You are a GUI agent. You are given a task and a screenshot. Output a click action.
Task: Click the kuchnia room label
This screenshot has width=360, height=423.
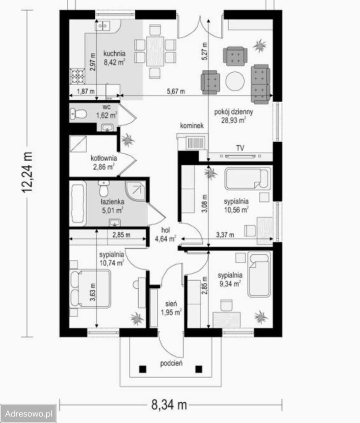point(115,53)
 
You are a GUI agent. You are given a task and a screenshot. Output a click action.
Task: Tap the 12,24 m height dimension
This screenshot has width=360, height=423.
point(27,172)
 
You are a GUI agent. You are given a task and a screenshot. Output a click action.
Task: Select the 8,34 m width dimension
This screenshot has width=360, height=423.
point(169,405)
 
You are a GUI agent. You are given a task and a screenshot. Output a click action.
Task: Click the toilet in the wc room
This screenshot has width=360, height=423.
point(78,114)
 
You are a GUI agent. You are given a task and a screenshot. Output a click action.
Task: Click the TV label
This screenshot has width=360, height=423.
point(240,148)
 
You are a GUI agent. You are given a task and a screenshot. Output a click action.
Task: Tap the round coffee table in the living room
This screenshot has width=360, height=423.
point(235,81)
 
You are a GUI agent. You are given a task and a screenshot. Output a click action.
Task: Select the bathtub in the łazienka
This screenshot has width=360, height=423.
point(78,204)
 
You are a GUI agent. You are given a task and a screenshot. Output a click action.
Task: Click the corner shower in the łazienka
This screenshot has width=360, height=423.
point(135,191)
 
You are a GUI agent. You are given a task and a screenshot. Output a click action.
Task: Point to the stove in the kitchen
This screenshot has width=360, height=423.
point(78,76)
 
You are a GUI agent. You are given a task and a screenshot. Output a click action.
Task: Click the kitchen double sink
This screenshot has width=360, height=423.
point(103,26)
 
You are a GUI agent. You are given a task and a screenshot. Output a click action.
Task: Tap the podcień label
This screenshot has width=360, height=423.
point(171,364)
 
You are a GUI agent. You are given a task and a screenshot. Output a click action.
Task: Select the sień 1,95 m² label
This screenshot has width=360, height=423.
point(171,308)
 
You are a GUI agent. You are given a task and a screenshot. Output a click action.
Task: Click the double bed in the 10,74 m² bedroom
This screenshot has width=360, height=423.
point(90,289)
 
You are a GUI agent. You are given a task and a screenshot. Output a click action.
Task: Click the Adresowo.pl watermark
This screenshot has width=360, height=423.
point(28,414)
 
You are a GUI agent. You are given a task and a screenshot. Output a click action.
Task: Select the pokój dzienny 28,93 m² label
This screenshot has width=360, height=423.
point(234,116)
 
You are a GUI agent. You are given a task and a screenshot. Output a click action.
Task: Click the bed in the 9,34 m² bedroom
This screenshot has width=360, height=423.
point(259,274)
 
